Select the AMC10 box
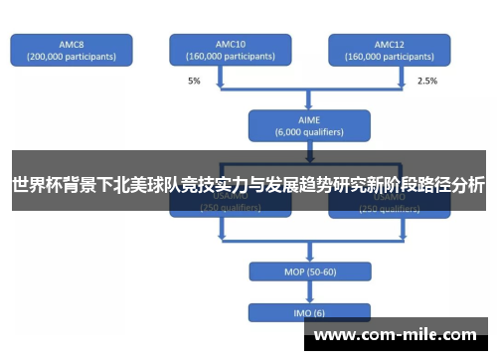tap(230, 50)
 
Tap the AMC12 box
tap(389, 50)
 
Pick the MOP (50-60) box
tap(308, 271)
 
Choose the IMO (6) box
tap(308, 312)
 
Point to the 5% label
tap(194, 81)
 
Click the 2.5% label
tap(426, 81)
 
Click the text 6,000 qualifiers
tap(308, 130)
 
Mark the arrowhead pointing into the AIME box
tap(308, 103)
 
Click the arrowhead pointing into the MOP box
tap(308, 258)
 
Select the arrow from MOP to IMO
tap(308, 292)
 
